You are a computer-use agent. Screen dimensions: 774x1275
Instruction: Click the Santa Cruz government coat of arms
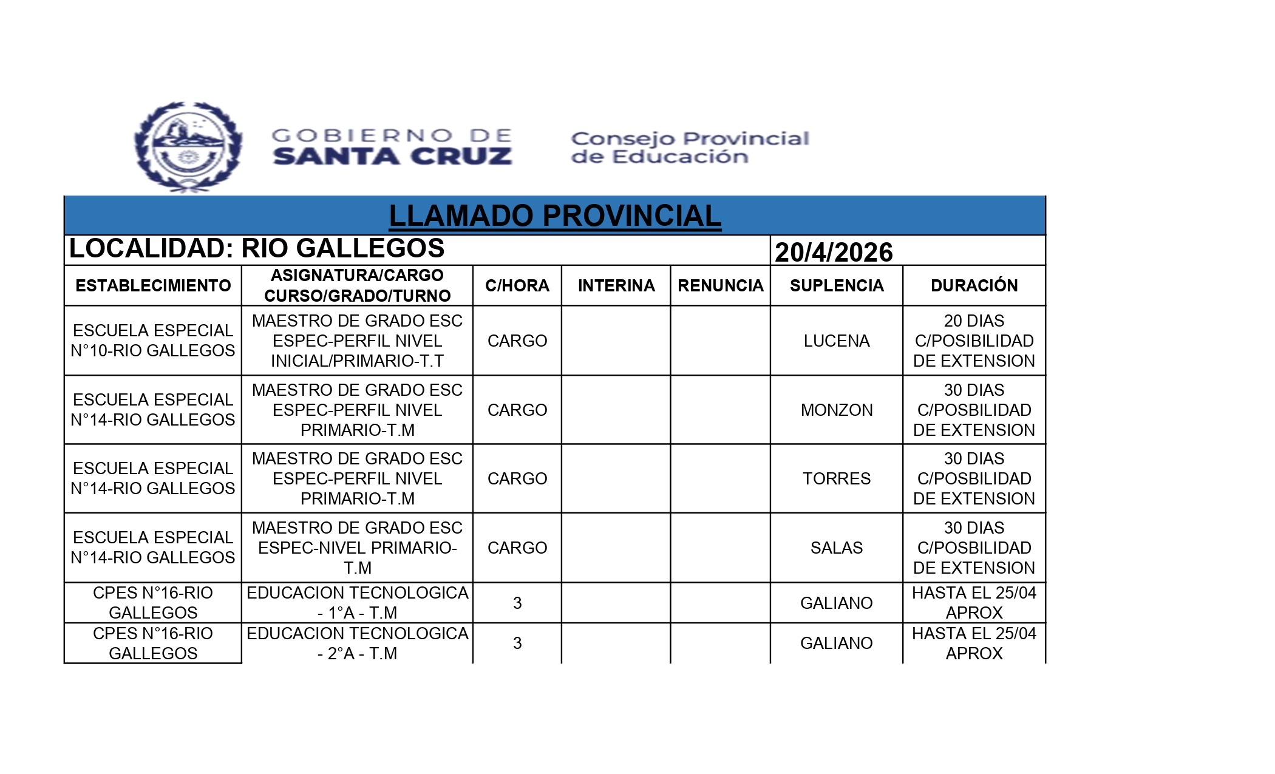click(188, 146)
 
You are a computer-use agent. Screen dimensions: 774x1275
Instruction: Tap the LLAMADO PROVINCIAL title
click(554, 216)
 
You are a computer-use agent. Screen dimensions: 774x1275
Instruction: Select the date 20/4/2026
click(834, 252)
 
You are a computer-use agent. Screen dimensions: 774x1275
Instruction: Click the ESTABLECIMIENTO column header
click(153, 285)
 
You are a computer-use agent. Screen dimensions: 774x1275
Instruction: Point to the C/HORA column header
click(517, 285)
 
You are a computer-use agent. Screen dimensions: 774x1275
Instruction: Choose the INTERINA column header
click(616, 285)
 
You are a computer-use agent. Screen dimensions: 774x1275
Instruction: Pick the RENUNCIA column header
click(720, 285)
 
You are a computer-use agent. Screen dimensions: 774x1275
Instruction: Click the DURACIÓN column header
click(974, 285)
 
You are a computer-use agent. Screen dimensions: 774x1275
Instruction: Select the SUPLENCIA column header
click(836, 285)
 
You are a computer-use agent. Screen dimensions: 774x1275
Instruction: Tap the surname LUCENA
click(836, 341)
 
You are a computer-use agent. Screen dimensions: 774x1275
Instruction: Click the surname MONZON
click(836, 410)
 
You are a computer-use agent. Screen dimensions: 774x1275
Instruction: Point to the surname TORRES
click(836, 478)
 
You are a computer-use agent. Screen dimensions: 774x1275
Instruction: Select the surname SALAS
click(836, 548)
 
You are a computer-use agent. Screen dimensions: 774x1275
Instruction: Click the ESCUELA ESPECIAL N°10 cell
click(153, 341)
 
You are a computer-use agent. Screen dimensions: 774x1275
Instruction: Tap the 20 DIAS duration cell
click(974, 341)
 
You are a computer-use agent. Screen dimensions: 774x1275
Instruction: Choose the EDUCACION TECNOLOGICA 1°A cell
click(357, 602)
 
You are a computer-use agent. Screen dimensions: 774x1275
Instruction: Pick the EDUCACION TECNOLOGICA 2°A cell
click(357, 643)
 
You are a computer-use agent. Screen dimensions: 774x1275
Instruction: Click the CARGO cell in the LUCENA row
click(517, 341)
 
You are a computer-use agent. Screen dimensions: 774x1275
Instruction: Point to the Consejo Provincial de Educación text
click(690, 148)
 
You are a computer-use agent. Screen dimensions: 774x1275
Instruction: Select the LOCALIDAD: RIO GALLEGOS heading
click(257, 248)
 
